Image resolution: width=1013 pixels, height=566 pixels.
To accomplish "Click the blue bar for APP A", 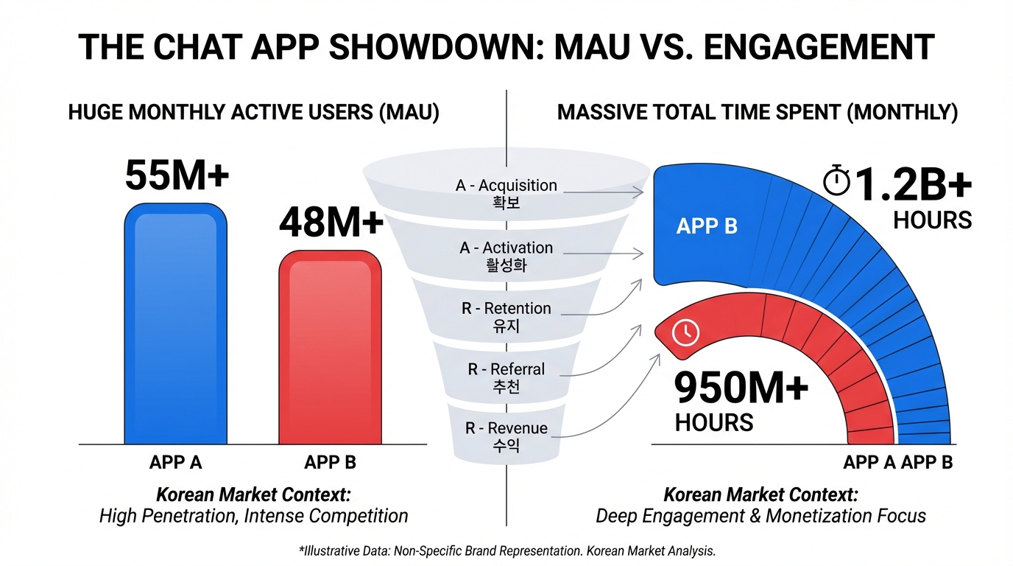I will tap(176, 324).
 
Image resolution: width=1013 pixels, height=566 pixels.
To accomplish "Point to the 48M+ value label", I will tap(331, 222).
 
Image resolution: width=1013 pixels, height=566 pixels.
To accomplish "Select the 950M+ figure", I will tap(741, 388).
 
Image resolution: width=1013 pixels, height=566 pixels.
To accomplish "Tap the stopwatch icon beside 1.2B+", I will tap(836, 181).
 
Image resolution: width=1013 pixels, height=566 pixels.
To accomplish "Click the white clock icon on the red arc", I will tap(685, 334).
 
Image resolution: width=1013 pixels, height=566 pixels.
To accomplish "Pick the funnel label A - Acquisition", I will tap(506, 186).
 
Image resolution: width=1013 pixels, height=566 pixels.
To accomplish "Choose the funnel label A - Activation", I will tap(506, 248).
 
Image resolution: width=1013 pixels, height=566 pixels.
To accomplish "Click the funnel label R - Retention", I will tap(506, 308).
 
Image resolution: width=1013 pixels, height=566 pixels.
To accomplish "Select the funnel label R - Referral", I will tap(506, 369).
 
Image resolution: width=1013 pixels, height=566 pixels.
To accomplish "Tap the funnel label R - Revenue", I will tap(506, 428).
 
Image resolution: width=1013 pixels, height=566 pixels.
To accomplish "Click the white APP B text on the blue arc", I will tap(707, 226).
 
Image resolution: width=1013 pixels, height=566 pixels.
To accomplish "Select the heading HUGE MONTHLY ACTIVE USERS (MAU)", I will tap(253, 113).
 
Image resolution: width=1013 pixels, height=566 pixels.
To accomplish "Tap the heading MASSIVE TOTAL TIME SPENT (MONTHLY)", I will tap(758, 113).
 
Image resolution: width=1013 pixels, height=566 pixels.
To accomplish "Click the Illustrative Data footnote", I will tap(506, 551).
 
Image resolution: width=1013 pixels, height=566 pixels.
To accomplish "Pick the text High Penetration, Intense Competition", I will tap(253, 515).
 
